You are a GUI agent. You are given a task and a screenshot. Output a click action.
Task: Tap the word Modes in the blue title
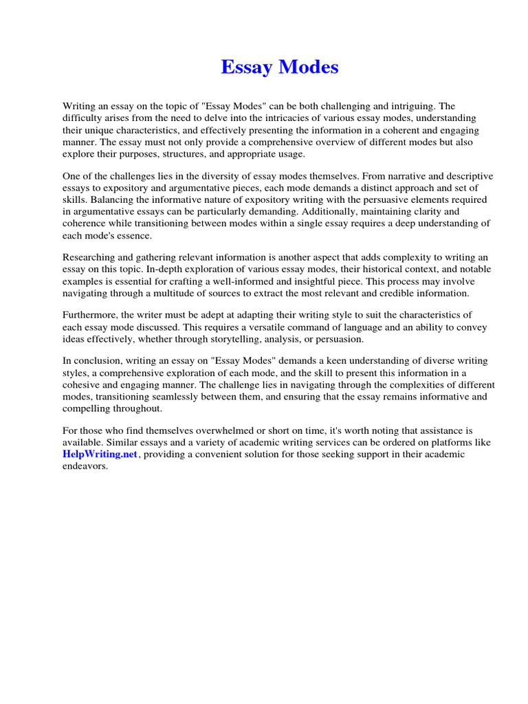click(307, 67)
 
